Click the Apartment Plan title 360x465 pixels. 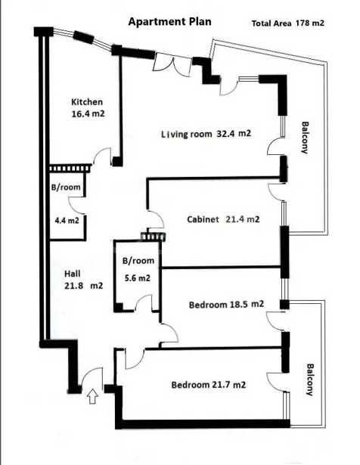click(x=169, y=22)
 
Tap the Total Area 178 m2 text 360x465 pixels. click(x=287, y=23)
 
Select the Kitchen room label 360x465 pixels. click(x=87, y=102)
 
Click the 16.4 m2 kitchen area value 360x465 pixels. click(x=88, y=113)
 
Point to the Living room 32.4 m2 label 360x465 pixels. click(x=206, y=134)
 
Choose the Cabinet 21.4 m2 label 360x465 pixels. click(x=223, y=219)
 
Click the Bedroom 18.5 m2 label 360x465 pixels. click(x=226, y=305)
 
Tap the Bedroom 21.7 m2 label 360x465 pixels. click(x=209, y=385)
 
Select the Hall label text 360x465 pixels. click(x=73, y=274)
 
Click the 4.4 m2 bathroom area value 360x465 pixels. click(x=67, y=221)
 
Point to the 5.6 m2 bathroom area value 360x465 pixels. click(x=138, y=278)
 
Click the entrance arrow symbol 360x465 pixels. click(x=93, y=396)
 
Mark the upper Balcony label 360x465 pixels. click(x=305, y=138)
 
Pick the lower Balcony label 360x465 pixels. click(x=309, y=380)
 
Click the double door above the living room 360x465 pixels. click(x=172, y=65)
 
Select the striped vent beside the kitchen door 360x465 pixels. click(x=70, y=168)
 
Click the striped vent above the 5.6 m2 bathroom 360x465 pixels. click(x=153, y=237)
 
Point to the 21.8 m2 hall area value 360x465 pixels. click(x=84, y=286)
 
